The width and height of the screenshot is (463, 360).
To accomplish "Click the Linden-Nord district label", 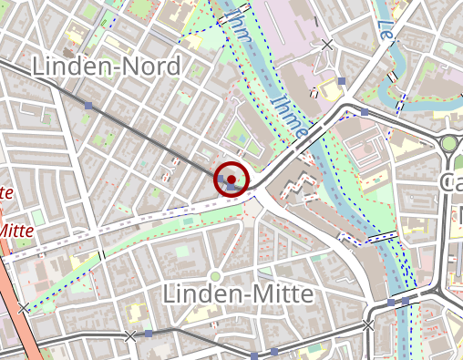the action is [106, 67].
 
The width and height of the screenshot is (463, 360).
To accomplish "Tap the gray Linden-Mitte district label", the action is [237, 294].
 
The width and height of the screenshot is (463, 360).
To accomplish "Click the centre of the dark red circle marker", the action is [231, 180].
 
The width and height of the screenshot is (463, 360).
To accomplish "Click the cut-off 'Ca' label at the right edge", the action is [451, 181].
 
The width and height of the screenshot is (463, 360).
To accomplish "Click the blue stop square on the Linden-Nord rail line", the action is [88, 107].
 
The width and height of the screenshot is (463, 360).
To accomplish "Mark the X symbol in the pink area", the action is [327, 45].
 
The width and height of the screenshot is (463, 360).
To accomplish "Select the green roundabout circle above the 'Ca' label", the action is [448, 144].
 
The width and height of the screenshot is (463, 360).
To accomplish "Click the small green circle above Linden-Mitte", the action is [216, 276].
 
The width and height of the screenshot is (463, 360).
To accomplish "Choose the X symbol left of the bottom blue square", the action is [130, 336].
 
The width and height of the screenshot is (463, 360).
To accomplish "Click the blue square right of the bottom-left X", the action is [148, 334].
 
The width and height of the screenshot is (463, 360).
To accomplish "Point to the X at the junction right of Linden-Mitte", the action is [368, 324].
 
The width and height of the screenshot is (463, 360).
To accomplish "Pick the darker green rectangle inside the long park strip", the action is [188, 220].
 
